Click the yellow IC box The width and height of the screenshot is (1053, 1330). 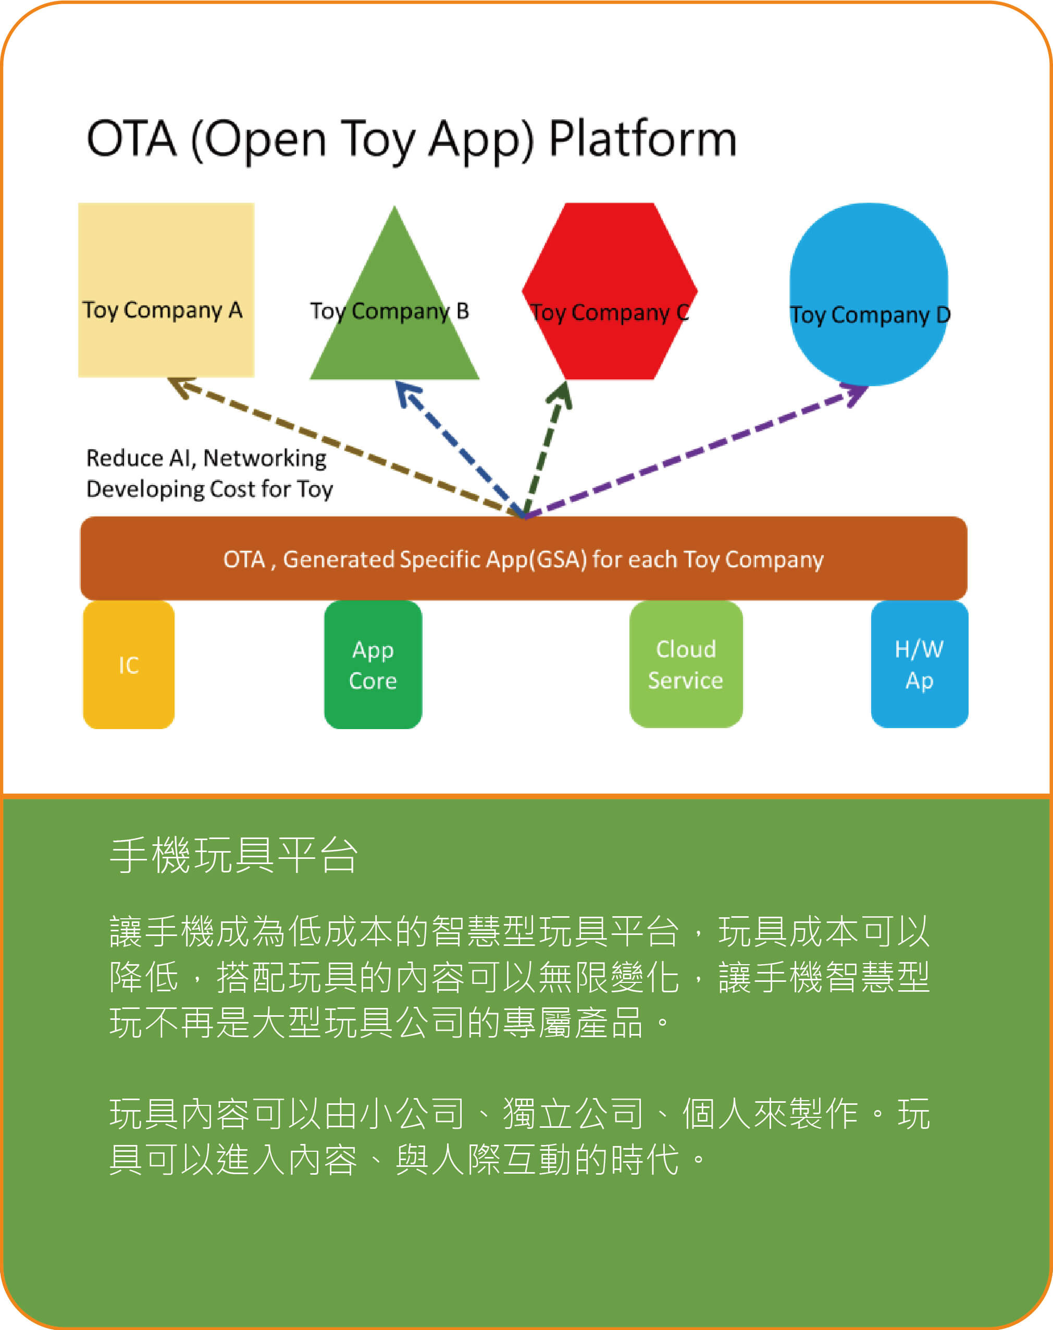[x=128, y=664]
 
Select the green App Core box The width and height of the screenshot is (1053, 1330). [x=373, y=664]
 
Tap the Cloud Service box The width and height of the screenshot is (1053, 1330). [x=686, y=664]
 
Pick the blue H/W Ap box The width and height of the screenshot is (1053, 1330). [x=919, y=664]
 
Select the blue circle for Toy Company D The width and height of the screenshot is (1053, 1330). [x=869, y=259]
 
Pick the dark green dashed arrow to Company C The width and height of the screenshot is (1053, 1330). [x=545, y=450]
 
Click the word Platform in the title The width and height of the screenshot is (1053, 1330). [x=642, y=139]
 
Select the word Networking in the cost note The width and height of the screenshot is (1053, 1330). [x=265, y=458]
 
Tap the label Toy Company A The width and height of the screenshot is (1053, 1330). [x=162, y=310]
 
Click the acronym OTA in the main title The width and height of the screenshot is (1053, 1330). [x=131, y=139]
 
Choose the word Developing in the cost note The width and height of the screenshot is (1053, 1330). [x=145, y=489]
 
